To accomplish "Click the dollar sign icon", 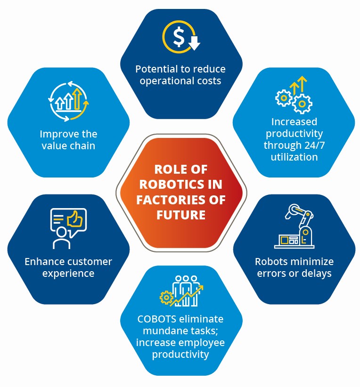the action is (x=179, y=37).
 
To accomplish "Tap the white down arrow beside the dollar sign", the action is (x=194, y=43).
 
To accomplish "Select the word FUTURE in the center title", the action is (x=181, y=215).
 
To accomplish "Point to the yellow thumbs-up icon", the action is (x=74, y=219).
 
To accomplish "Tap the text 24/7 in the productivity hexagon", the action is (x=315, y=145).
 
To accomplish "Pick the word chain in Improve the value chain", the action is (x=82, y=145).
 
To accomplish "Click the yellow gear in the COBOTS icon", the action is (x=166, y=298).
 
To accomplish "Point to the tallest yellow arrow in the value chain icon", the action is (x=77, y=99).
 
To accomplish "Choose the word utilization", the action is (x=295, y=157).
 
